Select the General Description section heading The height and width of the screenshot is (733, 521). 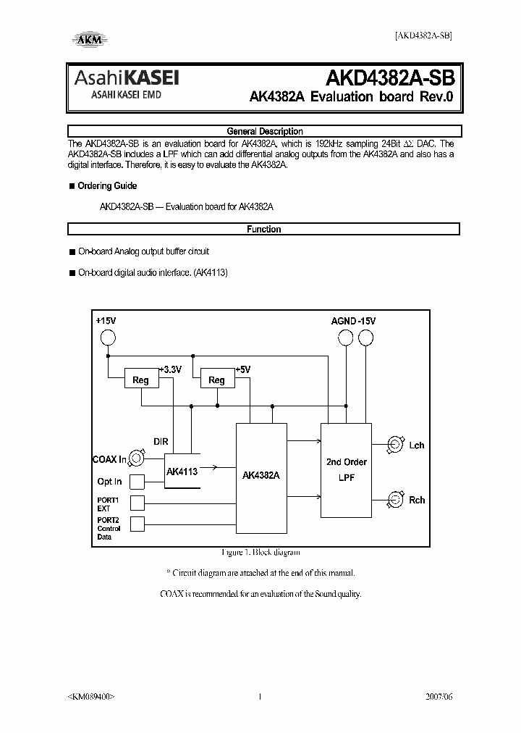coord(264,131)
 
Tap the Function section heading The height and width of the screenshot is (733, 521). coord(264,229)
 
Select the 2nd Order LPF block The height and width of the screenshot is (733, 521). coord(346,469)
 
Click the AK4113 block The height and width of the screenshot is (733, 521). coord(182,471)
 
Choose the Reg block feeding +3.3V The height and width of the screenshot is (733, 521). coord(140,380)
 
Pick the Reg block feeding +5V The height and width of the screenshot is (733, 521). coord(216,380)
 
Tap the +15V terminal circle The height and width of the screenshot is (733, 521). coord(108,338)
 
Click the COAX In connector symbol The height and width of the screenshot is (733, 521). coord(137,459)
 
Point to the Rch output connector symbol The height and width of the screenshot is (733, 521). coord(395,498)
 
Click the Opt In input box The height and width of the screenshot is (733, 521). coord(137,482)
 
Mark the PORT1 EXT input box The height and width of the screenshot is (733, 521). coord(137,503)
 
